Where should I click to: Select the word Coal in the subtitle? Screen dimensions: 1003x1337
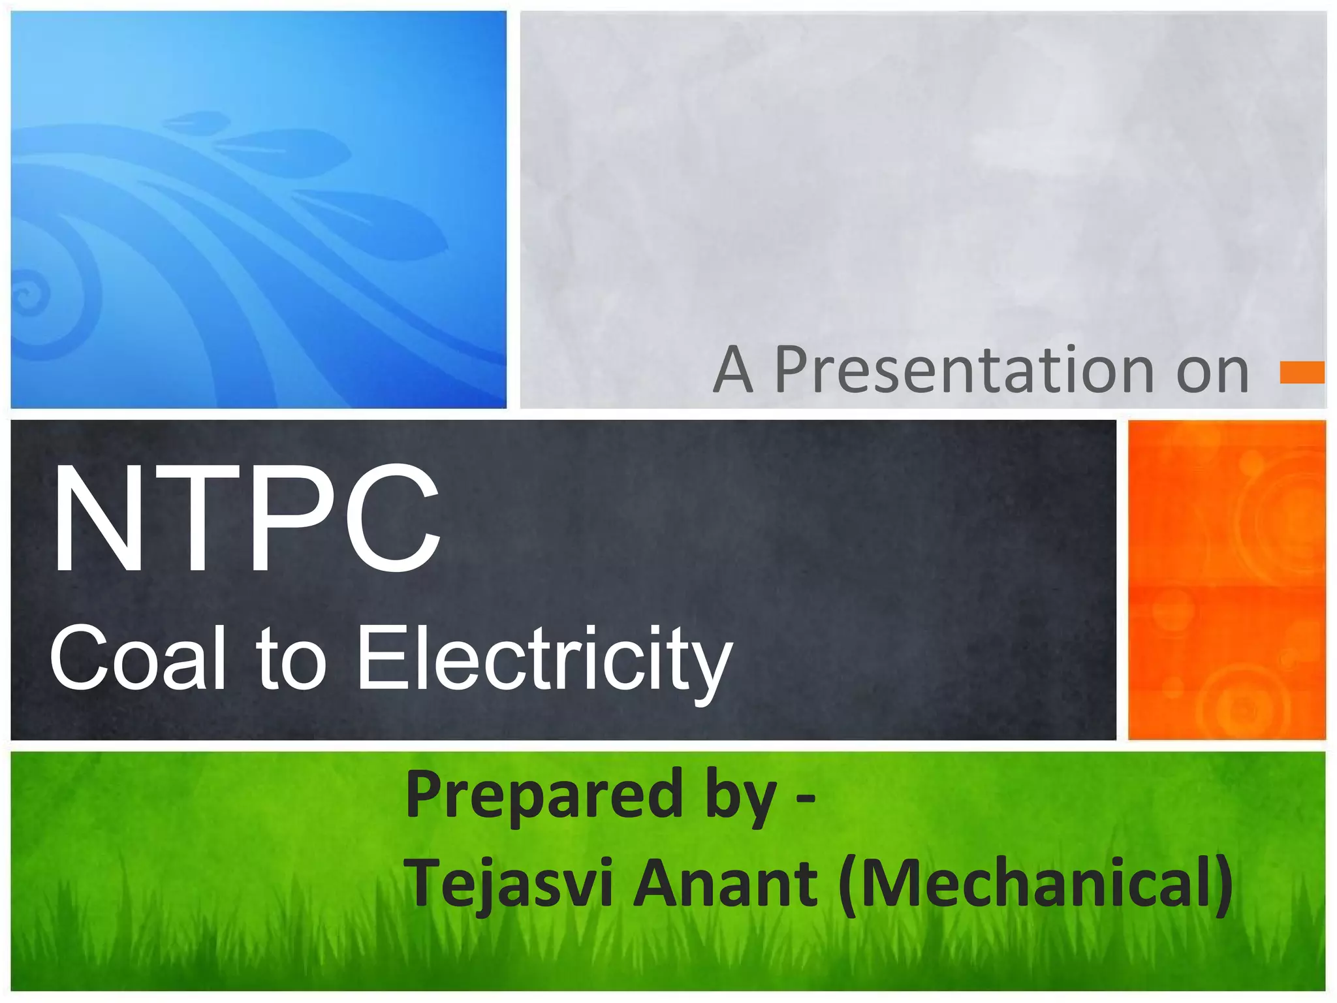[x=137, y=658]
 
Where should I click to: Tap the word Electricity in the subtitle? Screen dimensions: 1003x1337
[x=544, y=660]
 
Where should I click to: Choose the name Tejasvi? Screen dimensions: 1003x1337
[x=509, y=883]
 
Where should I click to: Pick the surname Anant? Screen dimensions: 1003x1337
[x=725, y=883]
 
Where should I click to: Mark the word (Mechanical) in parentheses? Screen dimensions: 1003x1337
[x=1035, y=883]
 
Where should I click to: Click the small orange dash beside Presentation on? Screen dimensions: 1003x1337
[x=1302, y=372]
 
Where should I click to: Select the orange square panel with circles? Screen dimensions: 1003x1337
[x=1227, y=580]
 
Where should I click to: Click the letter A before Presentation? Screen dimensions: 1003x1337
[x=733, y=371]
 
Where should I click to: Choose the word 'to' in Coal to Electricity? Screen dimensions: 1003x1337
[x=291, y=658]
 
